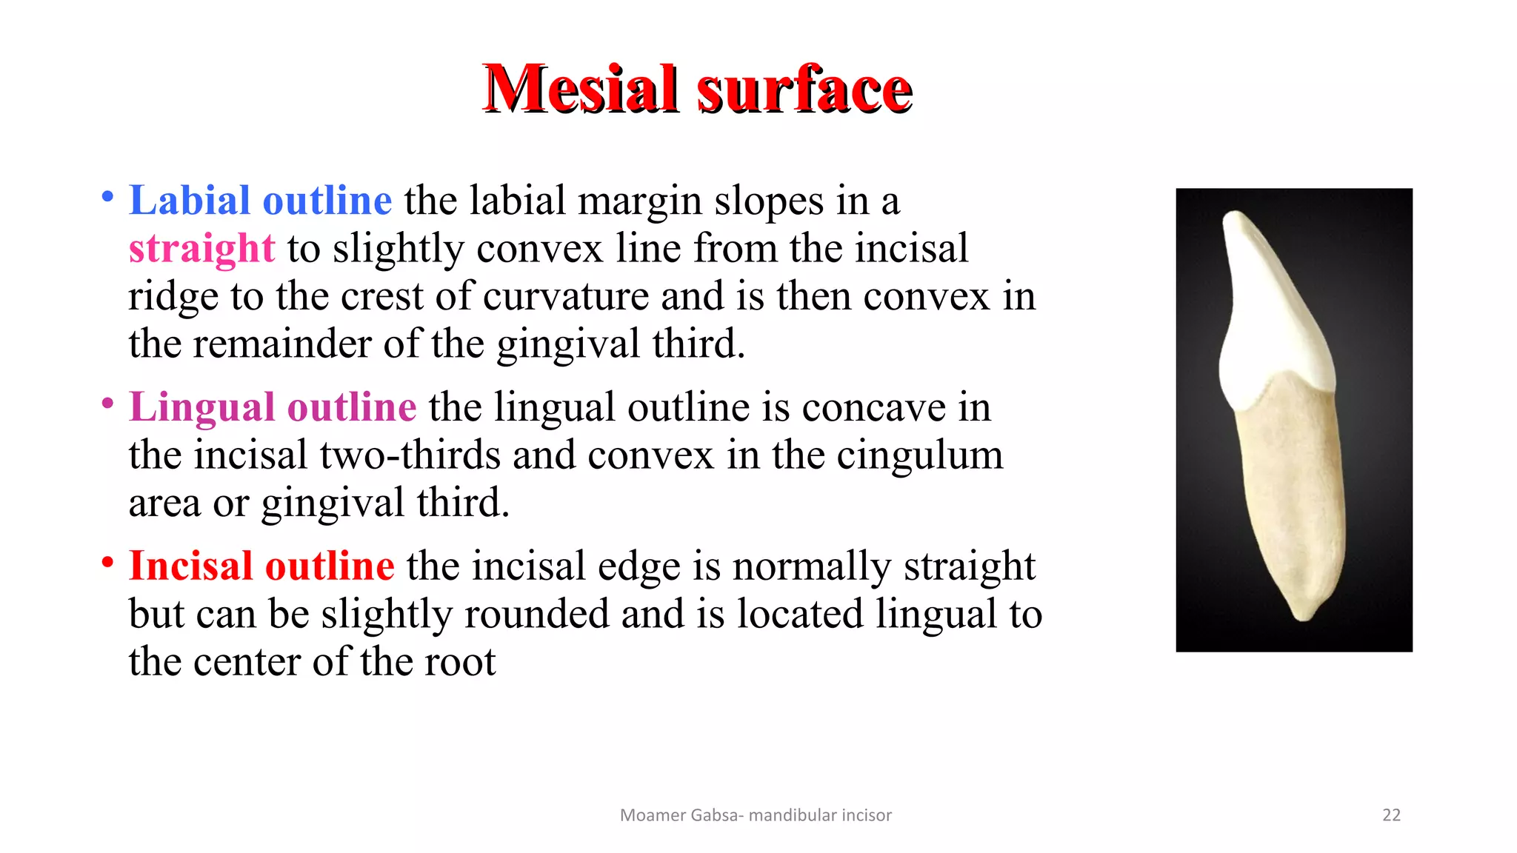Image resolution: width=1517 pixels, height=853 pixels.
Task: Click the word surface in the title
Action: tap(804, 90)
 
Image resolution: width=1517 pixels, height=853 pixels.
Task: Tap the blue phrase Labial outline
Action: tap(260, 201)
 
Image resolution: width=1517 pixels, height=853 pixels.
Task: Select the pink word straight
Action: tap(201, 248)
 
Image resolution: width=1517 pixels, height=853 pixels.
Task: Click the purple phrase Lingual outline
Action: tap(273, 407)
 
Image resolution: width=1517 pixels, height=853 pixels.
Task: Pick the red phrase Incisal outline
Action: tap(261, 566)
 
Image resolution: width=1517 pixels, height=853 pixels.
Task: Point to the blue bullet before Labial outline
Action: tap(108, 197)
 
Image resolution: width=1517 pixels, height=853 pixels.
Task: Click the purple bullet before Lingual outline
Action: tap(108, 404)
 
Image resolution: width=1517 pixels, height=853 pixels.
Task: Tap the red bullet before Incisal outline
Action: tap(108, 563)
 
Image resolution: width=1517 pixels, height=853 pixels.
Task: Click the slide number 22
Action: tap(1391, 815)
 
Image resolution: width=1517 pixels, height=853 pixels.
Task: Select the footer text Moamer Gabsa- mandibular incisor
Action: tap(756, 815)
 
